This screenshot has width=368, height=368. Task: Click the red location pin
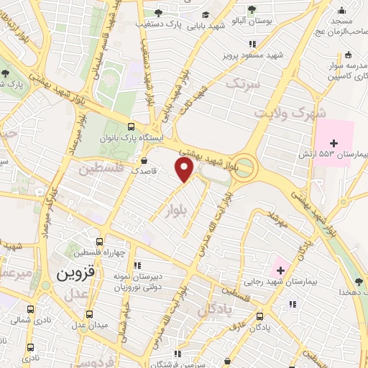(x=185, y=170)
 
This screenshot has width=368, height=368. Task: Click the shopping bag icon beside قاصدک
(x=146, y=160)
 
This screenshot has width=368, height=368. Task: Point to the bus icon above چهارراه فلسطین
(x=99, y=242)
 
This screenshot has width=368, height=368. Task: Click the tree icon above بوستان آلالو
(x=251, y=9)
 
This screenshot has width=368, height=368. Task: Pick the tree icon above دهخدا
(x=358, y=282)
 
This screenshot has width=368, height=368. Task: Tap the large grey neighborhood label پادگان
(x=216, y=310)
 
